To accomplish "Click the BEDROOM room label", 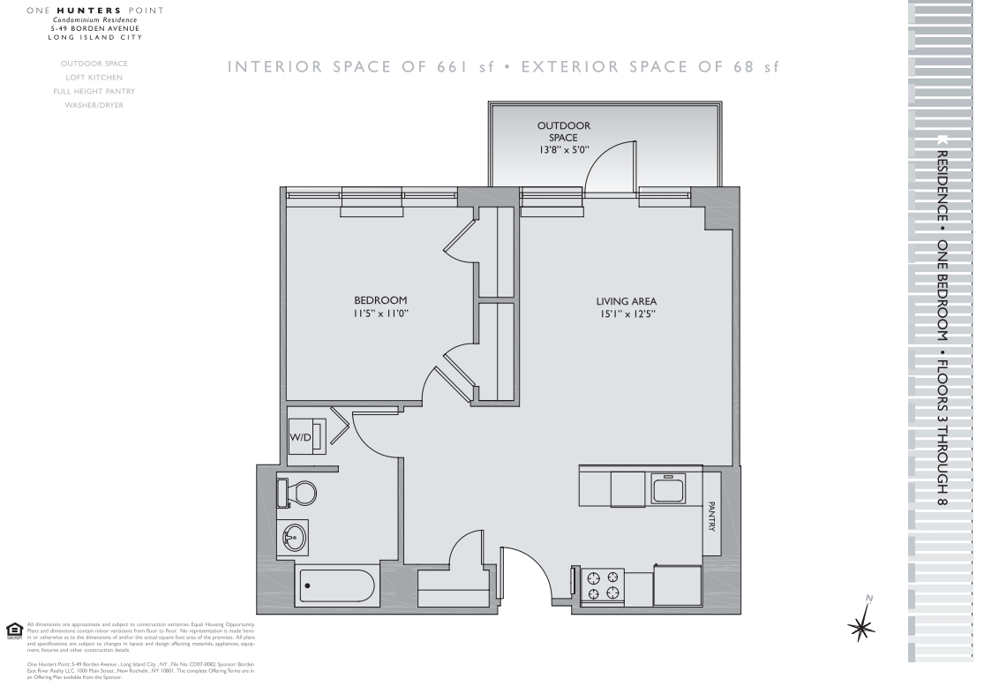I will pos(380,300).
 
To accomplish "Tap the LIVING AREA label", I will pos(626,301).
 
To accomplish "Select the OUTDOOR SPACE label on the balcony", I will pos(564,132).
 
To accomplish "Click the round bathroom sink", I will pos(293,535).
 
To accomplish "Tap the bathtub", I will pos(337,584).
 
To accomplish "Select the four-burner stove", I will pos(602,585).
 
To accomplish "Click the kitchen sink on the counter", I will pos(668,487).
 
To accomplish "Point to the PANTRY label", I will pos(711,517).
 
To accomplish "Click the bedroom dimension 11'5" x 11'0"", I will pos(380,313).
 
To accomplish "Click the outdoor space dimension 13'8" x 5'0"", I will pos(564,150).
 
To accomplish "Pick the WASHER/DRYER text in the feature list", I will pos(94,105).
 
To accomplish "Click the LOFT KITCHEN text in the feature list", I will pos(94,77).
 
